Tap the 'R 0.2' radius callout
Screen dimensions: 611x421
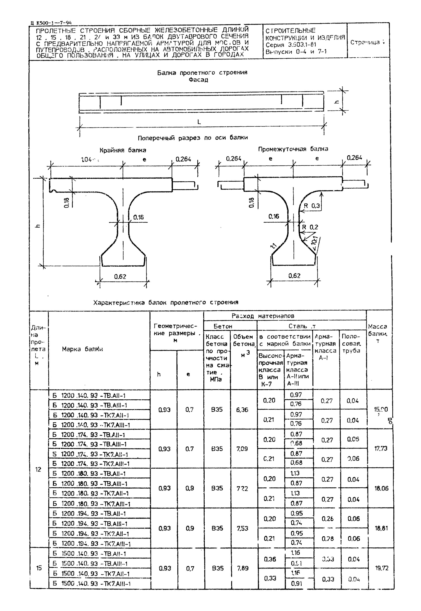coord(310,227)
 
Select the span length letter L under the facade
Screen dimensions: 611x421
coord(199,122)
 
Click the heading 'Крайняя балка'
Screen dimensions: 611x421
coord(123,150)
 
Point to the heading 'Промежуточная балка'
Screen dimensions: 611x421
coord(293,149)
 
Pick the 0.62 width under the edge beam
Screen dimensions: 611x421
coord(120,277)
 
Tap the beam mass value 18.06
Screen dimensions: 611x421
coord(381,488)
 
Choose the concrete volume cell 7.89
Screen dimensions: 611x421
coord(242,568)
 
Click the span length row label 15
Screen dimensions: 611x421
coord(39,568)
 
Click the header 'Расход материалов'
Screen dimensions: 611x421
coord(263,316)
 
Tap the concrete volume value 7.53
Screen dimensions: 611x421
coord(242,528)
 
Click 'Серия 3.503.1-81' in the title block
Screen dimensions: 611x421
coord(291,45)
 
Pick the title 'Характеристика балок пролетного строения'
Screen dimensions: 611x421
coord(166,302)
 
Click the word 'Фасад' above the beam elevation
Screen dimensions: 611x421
coord(198,80)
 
